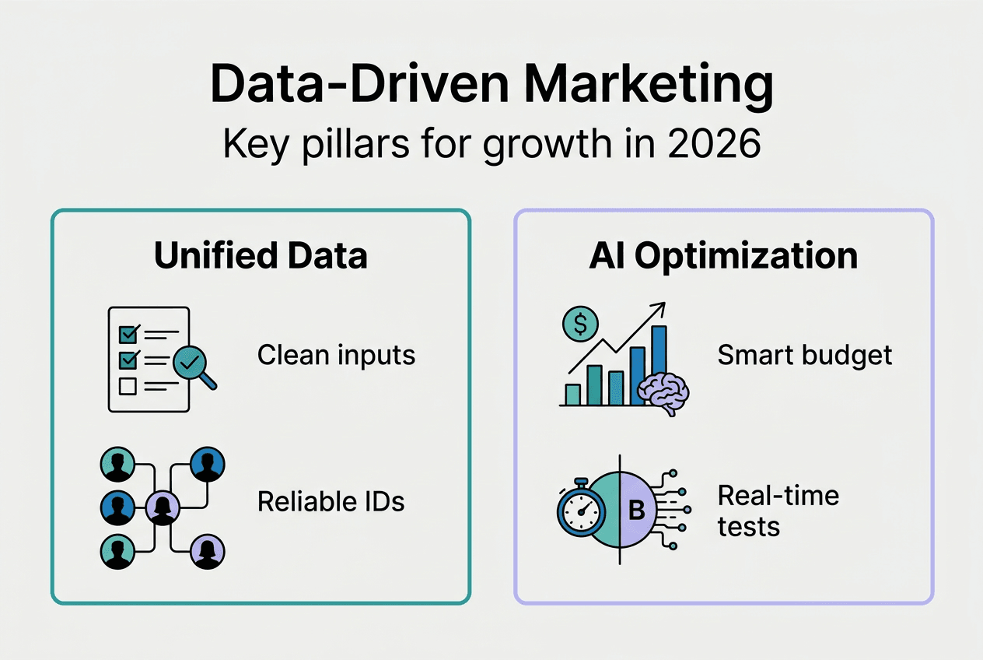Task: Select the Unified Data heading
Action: pos(261,256)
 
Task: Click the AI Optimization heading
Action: pos(723,256)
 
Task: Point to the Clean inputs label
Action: pos(336,356)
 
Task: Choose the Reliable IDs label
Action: pos(331,502)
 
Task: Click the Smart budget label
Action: pos(804,356)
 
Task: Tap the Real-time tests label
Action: pos(778,511)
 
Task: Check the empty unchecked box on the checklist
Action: pos(126,386)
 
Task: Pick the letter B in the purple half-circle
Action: pos(636,511)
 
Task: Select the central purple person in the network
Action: pos(163,509)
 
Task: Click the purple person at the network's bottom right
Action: pos(208,551)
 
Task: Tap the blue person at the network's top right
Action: pos(207,465)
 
